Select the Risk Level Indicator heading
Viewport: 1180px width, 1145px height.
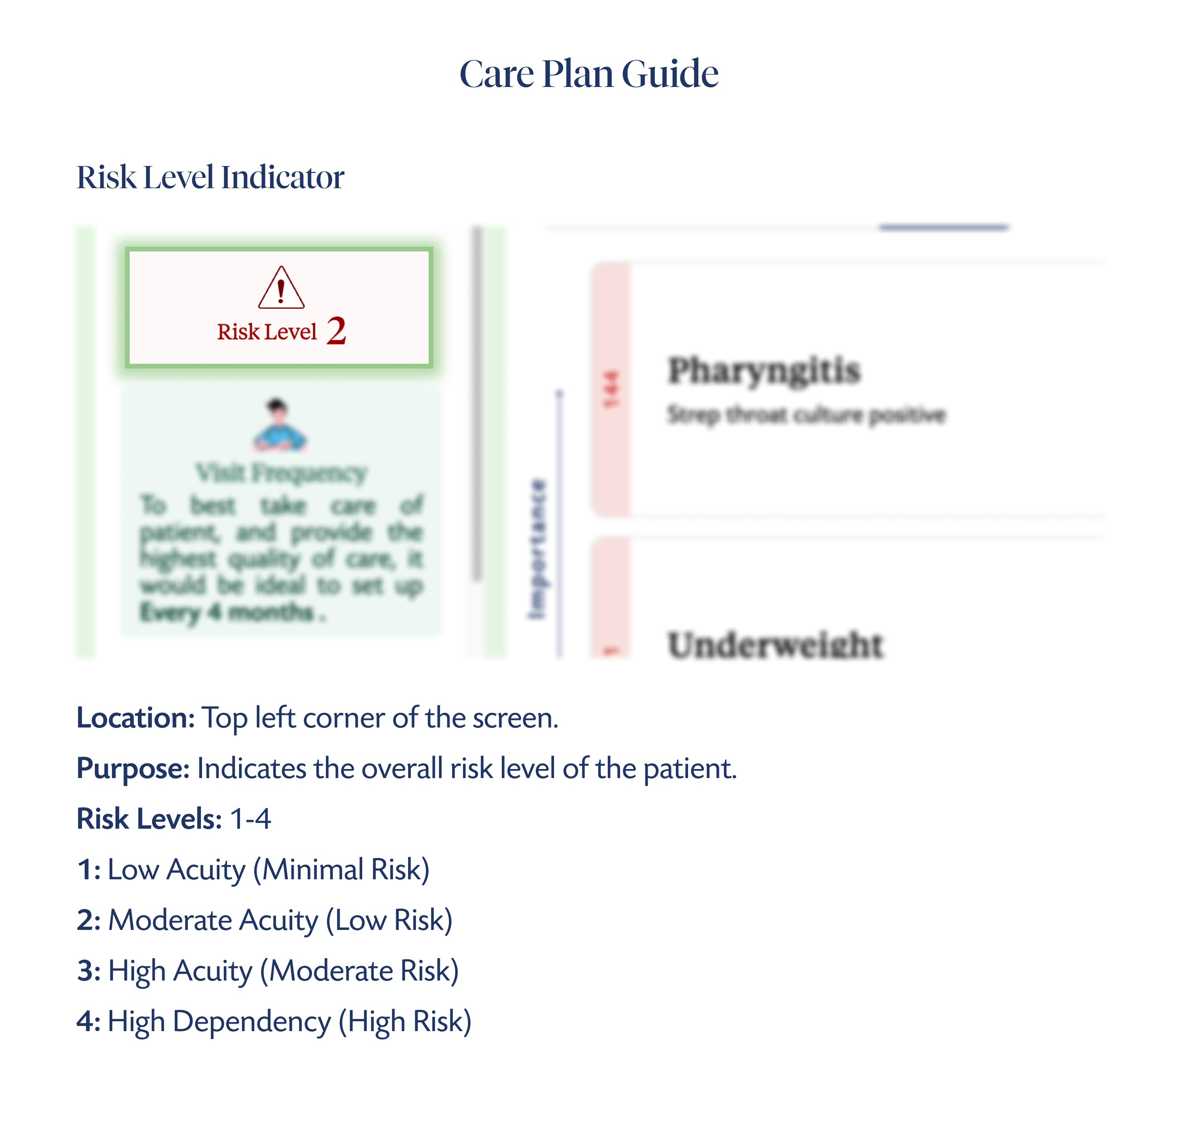coord(210,177)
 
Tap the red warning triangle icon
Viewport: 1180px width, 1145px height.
coord(281,288)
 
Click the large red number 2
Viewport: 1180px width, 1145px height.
coord(337,331)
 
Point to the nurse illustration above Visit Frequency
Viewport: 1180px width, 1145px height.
coord(279,425)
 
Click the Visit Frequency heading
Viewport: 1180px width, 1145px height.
coord(281,473)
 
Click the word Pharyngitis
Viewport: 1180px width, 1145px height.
coord(764,370)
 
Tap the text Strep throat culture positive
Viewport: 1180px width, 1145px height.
coord(806,415)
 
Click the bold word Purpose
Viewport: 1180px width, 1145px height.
coord(133,768)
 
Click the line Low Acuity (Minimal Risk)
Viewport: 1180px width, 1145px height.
coord(268,869)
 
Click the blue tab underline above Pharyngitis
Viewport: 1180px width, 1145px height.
coord(944,228)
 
